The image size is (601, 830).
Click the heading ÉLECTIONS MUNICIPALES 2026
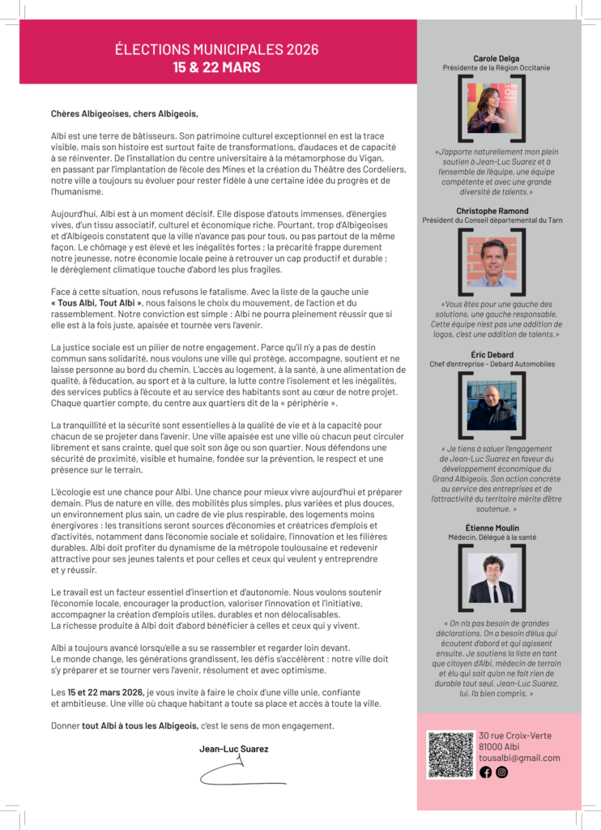pos(217,50)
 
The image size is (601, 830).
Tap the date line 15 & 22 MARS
pos(217,66)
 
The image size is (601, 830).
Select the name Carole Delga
pos(497,58)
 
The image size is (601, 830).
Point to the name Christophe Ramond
pos(497,210)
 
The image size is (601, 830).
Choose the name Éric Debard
pos(497,354)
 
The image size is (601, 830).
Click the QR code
pos(450,755)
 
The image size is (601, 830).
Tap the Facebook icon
pos(486,772)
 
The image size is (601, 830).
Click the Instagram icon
pos(502,772)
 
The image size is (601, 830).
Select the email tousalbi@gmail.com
pos(519,758)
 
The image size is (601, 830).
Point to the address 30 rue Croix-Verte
pos(515,735)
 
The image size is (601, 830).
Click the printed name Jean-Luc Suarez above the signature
pos(234,749)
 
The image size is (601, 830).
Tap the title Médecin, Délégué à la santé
pos(497,537)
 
